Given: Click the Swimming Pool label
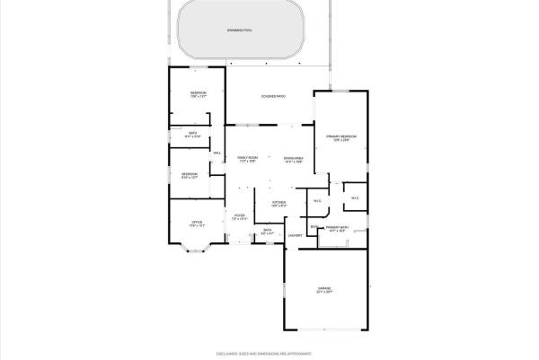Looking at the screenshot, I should (x=240, y=30).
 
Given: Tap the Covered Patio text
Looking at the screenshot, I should (x=273, y=95).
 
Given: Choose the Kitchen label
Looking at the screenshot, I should (x=279, y=203).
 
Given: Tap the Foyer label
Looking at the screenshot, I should (x=240, y=215).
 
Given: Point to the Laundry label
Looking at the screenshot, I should (x=295, y=235).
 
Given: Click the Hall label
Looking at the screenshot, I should (x=216, y=154).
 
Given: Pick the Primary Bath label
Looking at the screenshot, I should (x=338, y=228).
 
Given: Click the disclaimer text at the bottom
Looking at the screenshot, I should (x=269, y=353).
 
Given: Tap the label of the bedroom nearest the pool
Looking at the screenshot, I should (x=198, y=93).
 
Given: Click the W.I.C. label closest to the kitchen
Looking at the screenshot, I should (x=317, y=200).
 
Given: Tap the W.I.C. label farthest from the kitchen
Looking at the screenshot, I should (x=355, y=198).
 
